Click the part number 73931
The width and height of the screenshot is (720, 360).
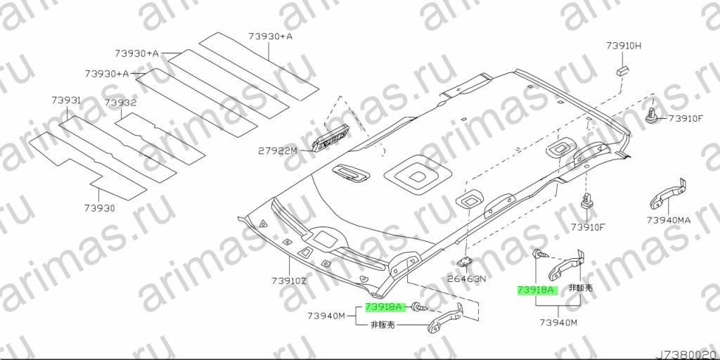click(66, 100)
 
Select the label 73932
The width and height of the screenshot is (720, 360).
click(120, 103)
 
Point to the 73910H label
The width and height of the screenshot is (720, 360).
click(623, 46)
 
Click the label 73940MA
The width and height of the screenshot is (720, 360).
click(668, 220)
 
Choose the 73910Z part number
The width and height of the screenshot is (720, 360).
click(288, 281)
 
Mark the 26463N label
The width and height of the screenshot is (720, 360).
click(466, 278)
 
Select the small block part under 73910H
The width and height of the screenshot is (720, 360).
click(623, 70)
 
